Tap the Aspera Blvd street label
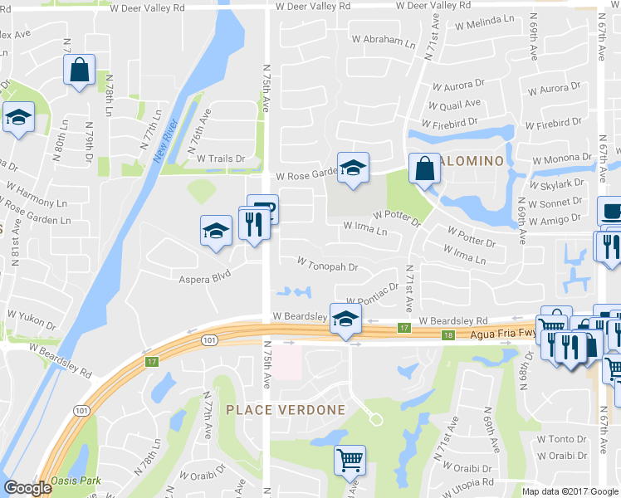203,280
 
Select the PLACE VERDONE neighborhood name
285,410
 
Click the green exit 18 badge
449,334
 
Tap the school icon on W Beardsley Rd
345,319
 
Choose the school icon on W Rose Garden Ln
353,168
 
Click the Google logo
28,488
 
